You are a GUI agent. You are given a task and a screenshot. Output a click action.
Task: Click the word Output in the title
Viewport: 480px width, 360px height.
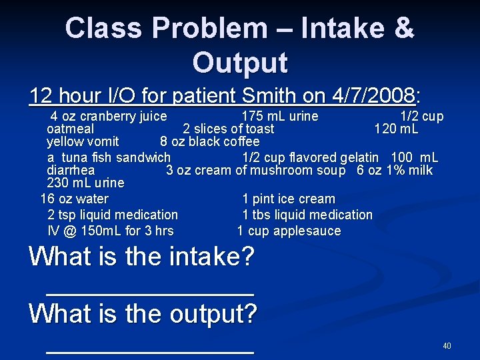[x=240, y=62]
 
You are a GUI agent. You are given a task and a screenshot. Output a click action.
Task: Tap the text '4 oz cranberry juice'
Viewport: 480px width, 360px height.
[x=109, y=117]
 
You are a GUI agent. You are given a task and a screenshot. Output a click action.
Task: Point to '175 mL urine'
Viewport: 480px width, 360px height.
[x=280, y=117]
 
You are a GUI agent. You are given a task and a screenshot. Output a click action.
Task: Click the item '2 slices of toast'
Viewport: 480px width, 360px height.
[x=229, y=129]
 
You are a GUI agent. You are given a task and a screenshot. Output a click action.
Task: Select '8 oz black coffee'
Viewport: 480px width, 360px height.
[x=210, y=141]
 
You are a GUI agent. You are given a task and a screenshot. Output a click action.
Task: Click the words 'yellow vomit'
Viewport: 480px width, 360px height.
[x=83, y=141]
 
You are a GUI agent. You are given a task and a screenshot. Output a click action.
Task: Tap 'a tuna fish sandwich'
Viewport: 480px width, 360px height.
[x=109, y=158]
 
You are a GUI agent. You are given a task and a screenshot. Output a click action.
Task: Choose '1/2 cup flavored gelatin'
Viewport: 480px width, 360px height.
[x=311, y=158]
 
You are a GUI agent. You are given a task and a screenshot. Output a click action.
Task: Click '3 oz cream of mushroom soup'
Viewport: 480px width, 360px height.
[x=256, y=170]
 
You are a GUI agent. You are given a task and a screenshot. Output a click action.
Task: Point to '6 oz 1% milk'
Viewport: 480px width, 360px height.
[x=395, y=170]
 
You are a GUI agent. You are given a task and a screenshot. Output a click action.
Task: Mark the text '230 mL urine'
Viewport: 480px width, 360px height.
[x=85, y=182]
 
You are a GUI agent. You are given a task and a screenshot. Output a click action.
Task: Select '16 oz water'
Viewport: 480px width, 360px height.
[x=74, y=199]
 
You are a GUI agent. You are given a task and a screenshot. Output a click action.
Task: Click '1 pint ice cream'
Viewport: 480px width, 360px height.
[x=289, y=199]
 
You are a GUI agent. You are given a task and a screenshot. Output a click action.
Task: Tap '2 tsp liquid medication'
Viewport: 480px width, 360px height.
[x=113, y=215]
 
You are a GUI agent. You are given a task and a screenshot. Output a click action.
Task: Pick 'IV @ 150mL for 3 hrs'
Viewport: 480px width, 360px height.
[x=110, y=231]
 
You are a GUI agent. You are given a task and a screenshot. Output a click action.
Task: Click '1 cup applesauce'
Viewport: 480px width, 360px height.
[x=289, y=231]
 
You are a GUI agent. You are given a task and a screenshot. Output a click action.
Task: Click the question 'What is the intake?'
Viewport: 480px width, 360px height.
[x=142, y=257]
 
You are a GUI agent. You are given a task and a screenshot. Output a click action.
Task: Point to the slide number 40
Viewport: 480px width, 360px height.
[x=447, y=346]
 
